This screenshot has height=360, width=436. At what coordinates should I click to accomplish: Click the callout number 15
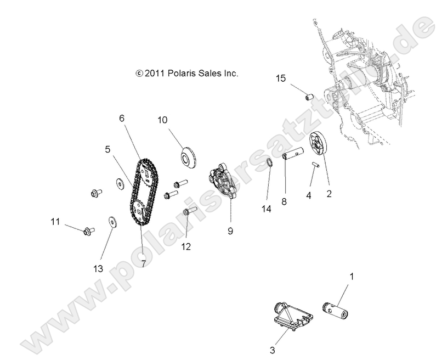pyautogui.click(x=281, y=79)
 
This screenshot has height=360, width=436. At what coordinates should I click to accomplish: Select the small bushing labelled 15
pyautogui.click(x=308, y=97)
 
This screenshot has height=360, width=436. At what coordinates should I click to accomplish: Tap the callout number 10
pyautogui.click(x=162, y=120)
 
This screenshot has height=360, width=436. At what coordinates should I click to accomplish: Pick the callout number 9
pyautogui.click(x=230, y=231)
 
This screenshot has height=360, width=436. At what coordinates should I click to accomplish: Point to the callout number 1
pyautogui.click(x=352, y=276)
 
